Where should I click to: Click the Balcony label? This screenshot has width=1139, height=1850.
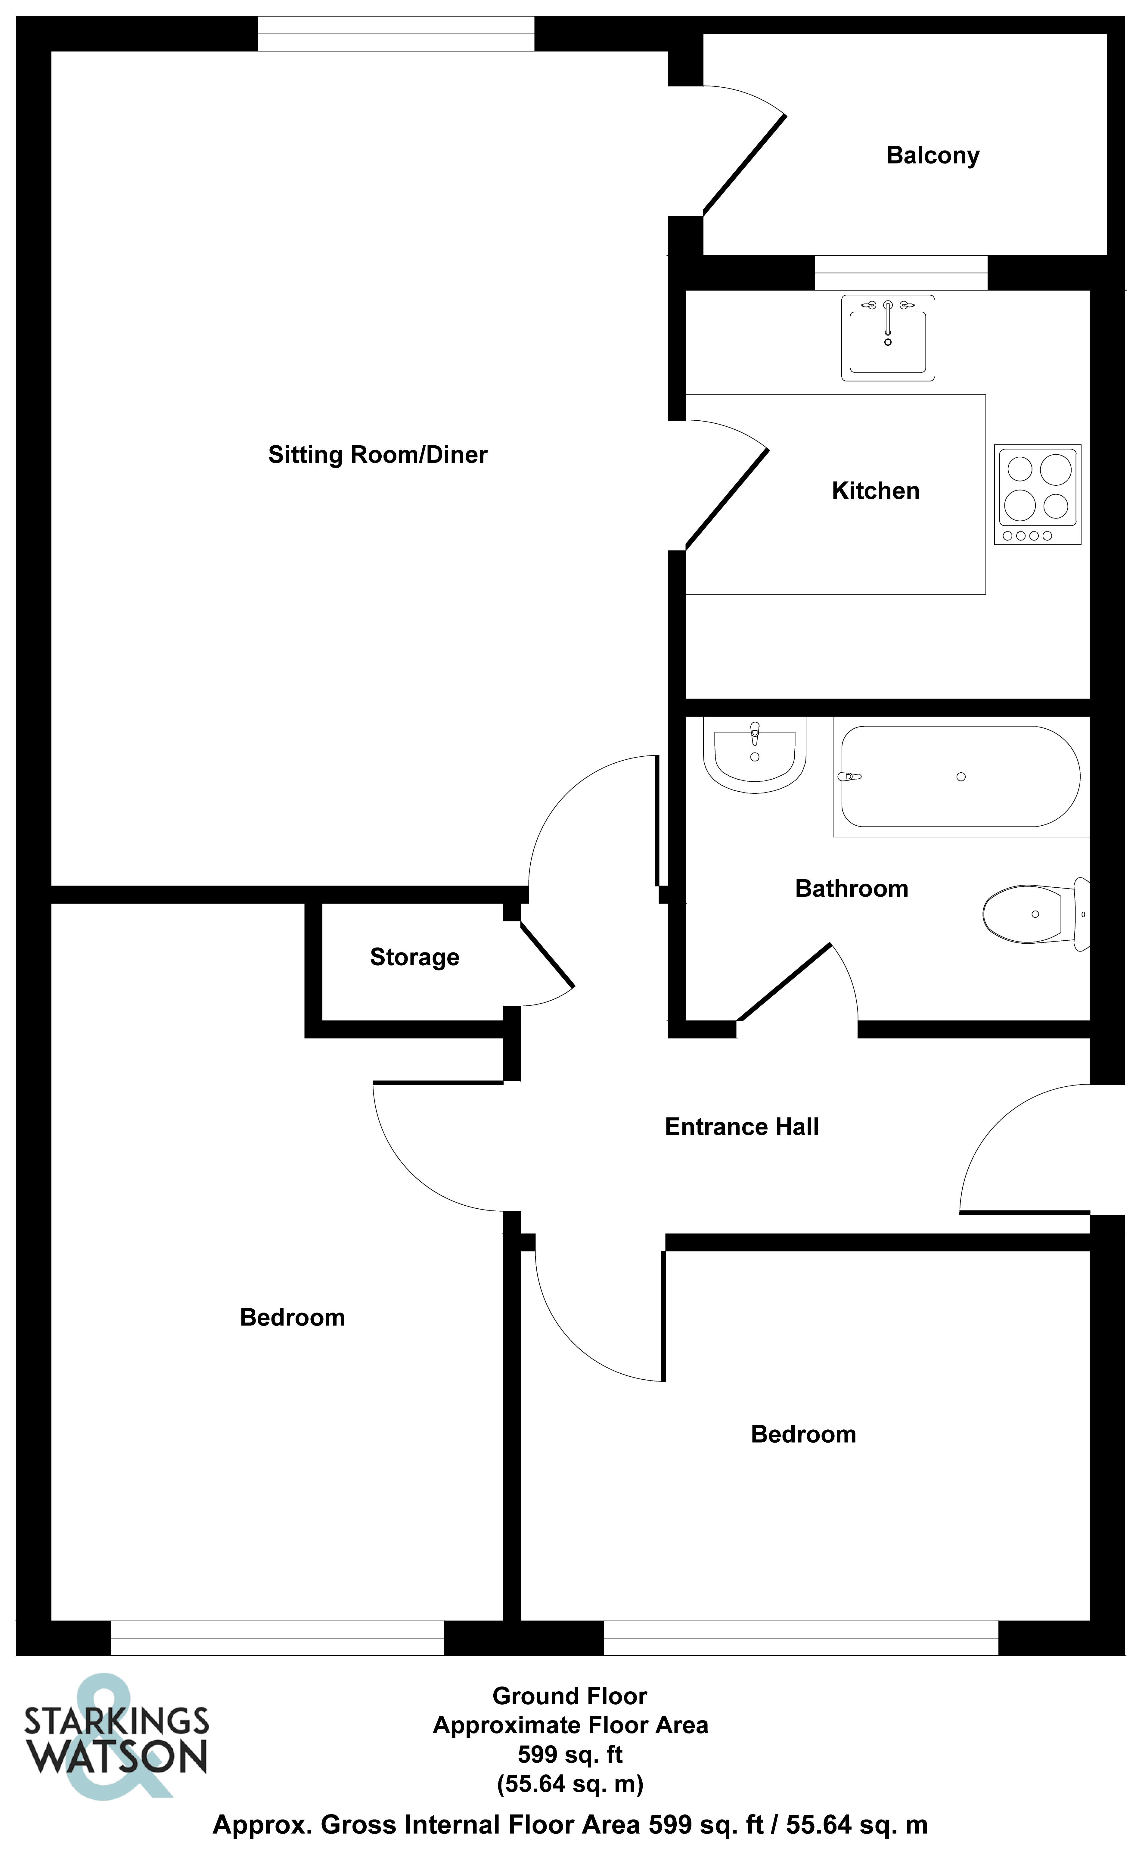tap(933, 155)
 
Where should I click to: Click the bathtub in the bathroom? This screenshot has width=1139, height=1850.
tap(961, 777)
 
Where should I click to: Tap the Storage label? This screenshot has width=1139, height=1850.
tap(414, 957)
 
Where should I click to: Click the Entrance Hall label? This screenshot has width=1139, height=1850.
tap(741, 1126)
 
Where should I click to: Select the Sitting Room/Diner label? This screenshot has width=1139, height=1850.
tap(377, 455)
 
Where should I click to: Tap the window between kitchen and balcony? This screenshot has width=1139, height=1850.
tap(901, 273)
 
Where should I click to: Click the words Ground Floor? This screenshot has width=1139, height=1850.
tap(569, 1696)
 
